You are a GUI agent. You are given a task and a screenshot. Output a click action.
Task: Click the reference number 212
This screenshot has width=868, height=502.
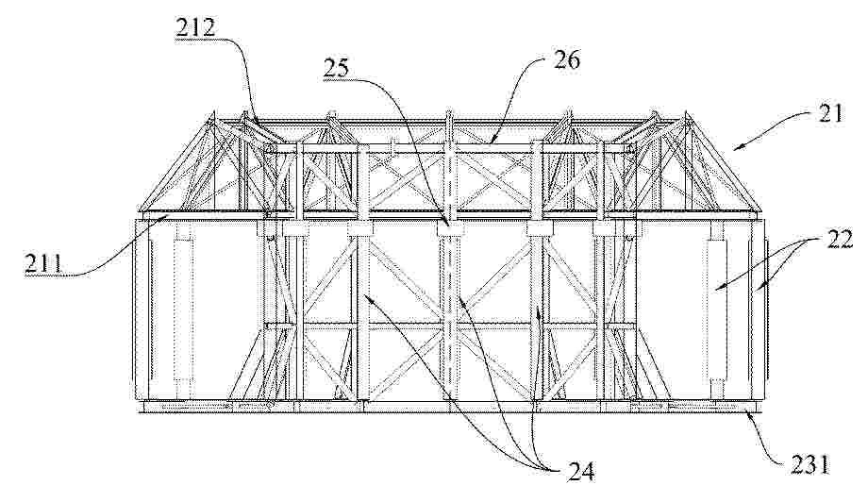coord(195,27)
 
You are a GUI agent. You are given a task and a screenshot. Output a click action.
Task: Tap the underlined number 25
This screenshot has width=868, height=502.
coord(337,69)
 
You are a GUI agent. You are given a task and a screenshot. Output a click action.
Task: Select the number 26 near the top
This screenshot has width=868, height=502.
coord(566,59)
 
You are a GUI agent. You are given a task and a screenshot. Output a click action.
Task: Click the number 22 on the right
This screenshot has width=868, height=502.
coord(839,239)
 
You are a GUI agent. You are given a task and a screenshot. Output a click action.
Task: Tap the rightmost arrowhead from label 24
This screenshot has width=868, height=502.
coord(539,311)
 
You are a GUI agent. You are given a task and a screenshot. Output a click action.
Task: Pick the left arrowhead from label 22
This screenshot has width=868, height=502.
coord(717,287)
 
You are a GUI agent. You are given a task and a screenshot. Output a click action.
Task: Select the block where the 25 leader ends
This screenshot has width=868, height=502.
coord(449,228)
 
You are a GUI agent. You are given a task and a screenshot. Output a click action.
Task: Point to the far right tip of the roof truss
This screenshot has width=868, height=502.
coord(763,213)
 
